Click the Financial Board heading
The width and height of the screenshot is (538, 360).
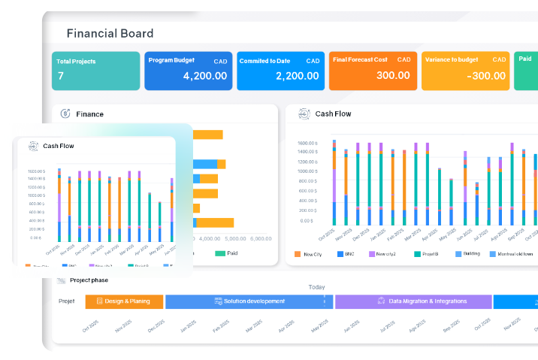click(x=110, y=33)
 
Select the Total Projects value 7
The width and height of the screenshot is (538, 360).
click(x=61, y=76)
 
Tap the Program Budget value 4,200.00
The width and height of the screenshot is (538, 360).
click(x=204, y=76)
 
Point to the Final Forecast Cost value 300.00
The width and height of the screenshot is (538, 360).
click(x=393, y=76)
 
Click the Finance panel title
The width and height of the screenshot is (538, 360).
click(x=89, y=114)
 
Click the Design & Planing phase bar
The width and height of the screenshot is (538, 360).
click(x=124, y=301)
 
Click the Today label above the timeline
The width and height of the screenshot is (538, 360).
click(x=316, y=287)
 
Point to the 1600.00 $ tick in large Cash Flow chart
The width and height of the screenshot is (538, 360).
click(x=308, y=143)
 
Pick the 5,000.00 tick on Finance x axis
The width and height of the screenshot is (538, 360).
click(x=260, y=239)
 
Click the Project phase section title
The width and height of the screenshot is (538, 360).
click(x=90, y=280)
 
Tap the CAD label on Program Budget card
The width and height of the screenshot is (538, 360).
click(x=219, y=60)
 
